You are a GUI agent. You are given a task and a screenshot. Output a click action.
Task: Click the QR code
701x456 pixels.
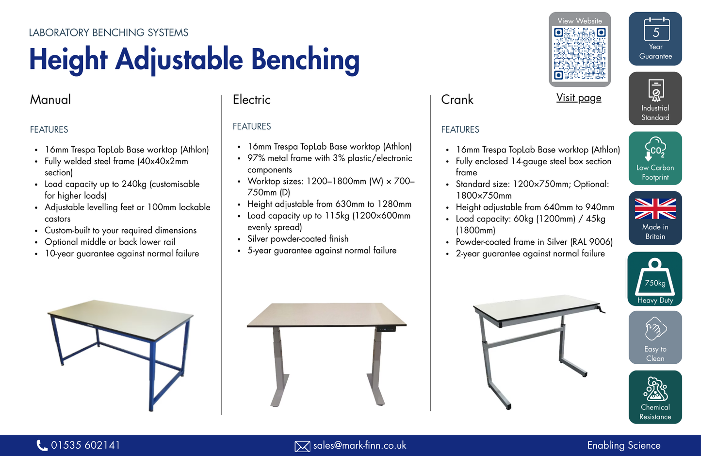[x=580, y=53]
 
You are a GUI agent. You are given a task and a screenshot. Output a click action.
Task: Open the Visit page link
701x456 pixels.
[x=579, y=98]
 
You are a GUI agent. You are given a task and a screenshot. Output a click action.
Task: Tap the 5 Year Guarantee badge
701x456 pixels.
[x=655, y=39]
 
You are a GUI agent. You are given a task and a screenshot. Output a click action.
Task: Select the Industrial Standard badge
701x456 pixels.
[x=655, y=99]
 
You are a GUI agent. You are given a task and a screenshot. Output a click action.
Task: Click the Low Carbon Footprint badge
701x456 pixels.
[x=655, y=158]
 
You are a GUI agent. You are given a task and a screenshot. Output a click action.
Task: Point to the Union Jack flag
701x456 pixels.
[x=655, y=209]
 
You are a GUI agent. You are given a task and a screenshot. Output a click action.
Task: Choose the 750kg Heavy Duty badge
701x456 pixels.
[x=655, y=279]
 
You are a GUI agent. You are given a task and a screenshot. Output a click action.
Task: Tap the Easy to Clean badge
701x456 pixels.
[x=655, y=338]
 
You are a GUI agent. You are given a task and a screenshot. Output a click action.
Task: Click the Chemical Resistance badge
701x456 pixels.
[x=655, y=397]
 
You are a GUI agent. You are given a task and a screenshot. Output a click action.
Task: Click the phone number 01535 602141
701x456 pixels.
[x=85, y=445]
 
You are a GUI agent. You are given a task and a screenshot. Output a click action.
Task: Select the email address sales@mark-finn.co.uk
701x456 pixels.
[x=359, y=445]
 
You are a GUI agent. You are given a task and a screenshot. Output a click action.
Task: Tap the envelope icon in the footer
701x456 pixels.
[x=302, y=446]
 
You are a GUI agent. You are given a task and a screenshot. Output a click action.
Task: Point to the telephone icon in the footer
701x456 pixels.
[x=42, y=445]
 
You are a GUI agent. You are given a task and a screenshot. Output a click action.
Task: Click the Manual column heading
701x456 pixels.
[x=50, y=100]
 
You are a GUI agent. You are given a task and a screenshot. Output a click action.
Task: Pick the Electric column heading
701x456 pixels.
[x=252, y=100]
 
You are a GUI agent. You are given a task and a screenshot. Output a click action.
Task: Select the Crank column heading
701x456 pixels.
[x=457, y=100]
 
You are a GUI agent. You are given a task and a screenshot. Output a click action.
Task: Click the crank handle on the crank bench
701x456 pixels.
[x=602, y=309]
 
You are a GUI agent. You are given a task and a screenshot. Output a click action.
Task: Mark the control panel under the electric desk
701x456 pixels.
[x=386, y=329]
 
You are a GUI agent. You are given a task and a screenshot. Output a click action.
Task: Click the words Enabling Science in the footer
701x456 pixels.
[x=624, y=445]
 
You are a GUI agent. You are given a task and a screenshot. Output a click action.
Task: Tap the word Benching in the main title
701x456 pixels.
[x=305, y=60]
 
